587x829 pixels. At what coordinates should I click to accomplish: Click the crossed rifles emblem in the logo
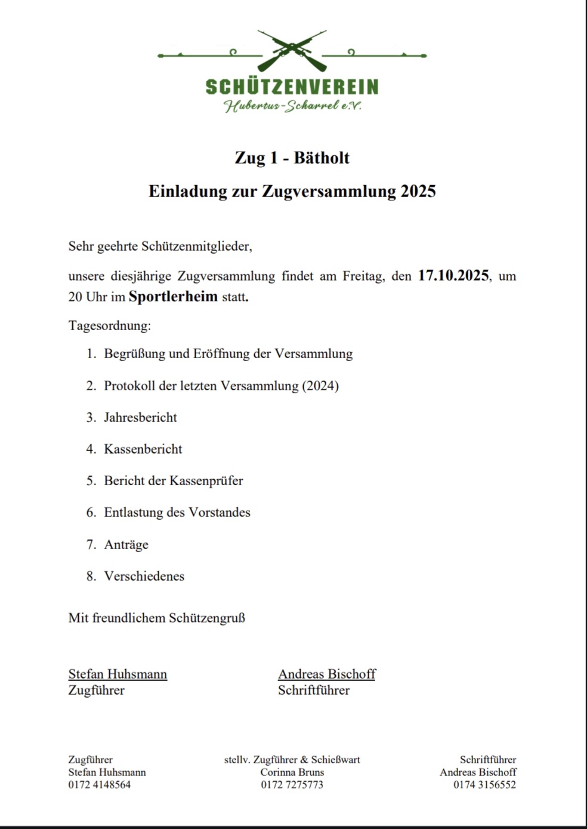tap(292, 50)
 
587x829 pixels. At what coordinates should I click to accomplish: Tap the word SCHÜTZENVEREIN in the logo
tap(292, 87)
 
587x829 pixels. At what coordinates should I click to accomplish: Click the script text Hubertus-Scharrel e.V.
tap(292, 106)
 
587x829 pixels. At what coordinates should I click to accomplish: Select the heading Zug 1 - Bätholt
tap(292, 158)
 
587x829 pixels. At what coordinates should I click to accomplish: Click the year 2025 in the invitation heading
tap(418, 191)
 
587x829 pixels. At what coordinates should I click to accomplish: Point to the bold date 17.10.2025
tap(453, 276)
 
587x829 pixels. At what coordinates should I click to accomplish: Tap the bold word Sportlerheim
tap(173, 297)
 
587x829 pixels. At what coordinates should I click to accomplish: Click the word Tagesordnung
tap(109, 326)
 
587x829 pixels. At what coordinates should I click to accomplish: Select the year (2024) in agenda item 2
tap(320, 386)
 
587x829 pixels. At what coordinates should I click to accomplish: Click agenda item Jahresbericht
tap(140, 417)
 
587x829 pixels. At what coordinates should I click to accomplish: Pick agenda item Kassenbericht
tap(143, 449)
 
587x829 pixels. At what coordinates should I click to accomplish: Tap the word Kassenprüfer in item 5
tap(206, 480)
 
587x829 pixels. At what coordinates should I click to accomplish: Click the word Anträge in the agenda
tap(126, 544)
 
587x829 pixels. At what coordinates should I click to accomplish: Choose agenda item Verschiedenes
tap(144, 576)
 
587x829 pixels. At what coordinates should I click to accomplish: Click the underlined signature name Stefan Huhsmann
tap(118, 674)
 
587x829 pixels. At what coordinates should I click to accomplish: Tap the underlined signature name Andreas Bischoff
tap(327, 674)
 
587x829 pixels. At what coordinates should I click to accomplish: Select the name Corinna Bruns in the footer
tap(292, 772)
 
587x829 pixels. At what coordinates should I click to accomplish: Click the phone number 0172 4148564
tap(99, 784)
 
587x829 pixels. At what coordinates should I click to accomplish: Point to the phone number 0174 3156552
tap(484, 784)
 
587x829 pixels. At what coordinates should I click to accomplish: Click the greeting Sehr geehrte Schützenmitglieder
tap(160, 246)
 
